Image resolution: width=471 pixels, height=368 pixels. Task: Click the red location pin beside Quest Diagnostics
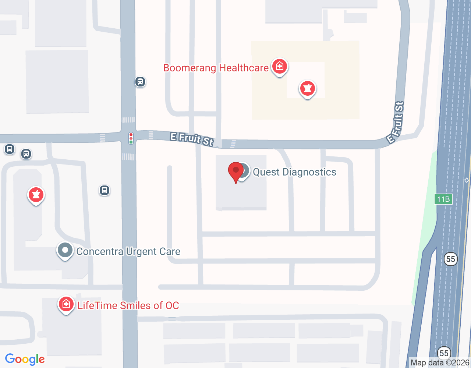click(236, 171)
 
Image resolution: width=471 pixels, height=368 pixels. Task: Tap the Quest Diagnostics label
click(294, 172)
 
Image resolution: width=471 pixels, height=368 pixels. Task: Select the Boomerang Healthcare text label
click(216, 68)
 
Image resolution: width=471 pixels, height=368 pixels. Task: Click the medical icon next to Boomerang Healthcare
click(280, 67)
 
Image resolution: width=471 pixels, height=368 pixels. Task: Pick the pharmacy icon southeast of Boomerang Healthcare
click(308, 88)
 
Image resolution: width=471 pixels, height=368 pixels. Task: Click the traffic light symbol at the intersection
click(131, 138)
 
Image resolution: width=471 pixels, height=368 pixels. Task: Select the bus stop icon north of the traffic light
click(140, 82)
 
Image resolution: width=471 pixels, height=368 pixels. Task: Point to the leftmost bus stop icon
click(10, 149)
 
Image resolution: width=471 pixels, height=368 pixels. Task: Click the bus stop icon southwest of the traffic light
click(105, 190)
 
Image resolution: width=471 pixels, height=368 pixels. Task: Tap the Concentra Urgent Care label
click(128, 252)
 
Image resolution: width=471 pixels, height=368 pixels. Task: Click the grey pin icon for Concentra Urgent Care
click(65, 251)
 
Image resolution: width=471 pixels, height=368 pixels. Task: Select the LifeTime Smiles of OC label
click(128, 305)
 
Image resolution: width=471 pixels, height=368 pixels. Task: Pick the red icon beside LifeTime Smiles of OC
click(66, 304)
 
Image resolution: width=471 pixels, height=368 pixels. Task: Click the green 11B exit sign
click(443, 199)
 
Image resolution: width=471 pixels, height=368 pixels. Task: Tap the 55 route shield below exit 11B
click(450, 259)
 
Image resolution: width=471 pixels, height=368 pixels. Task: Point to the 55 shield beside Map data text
click(444, 353)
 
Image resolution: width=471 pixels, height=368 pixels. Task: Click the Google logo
click(25, 359)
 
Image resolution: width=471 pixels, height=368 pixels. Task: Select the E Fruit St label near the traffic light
click(192, 139)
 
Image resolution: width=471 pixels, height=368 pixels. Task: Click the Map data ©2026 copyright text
click(440, 363)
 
